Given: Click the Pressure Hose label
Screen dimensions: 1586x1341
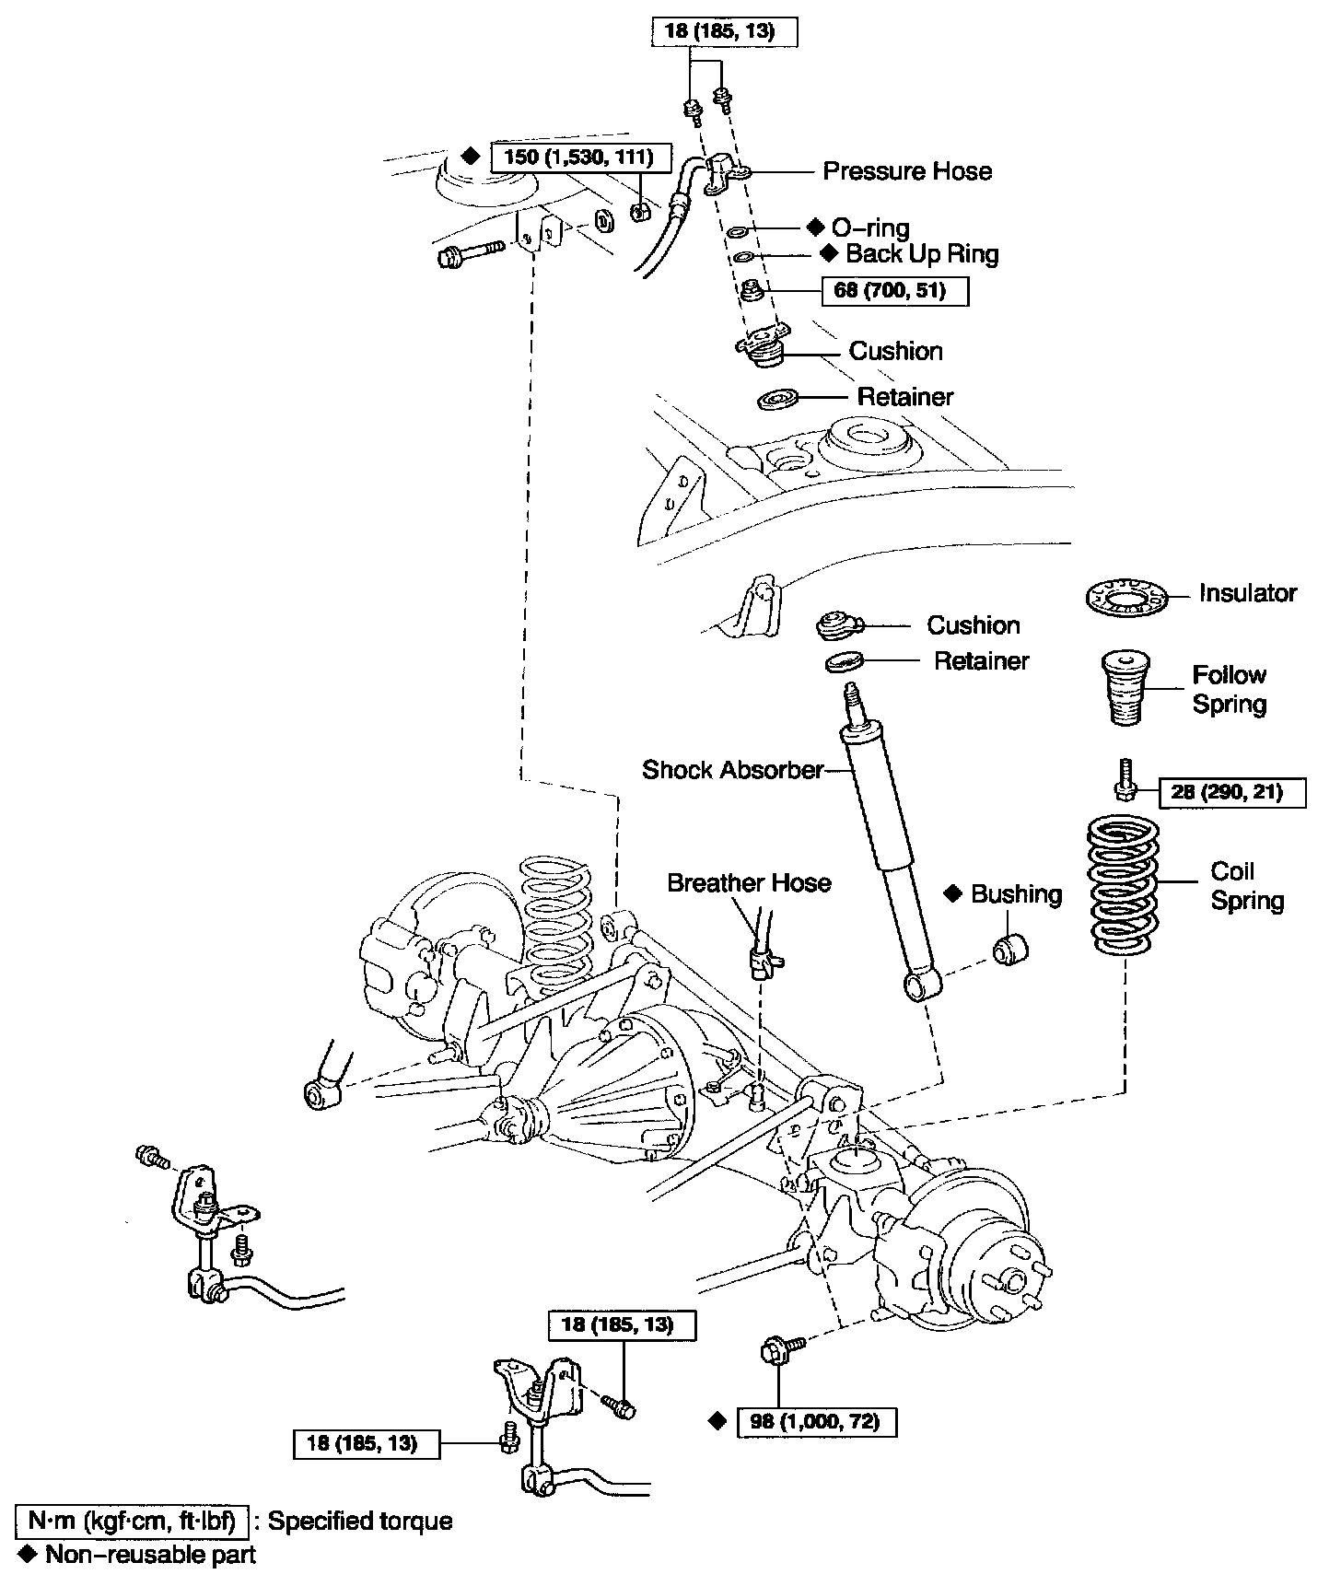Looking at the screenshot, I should [907, 171].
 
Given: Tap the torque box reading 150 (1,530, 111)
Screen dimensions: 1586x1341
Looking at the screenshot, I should [579, 157].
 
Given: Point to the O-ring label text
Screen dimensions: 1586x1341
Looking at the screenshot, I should [870, 227].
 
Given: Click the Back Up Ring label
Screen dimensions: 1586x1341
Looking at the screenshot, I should [922, 253].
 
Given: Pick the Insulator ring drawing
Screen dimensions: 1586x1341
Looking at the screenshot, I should [1125, 600].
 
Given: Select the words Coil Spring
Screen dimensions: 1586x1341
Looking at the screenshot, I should [1247, 886].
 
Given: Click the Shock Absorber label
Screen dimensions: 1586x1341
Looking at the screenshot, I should [732, 769].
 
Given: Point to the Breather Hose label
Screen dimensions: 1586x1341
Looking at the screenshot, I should [749, 882].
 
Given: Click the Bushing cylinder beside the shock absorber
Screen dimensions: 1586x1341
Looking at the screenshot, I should [1011, 950].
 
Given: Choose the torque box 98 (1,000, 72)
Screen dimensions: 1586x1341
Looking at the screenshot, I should [817, 1421].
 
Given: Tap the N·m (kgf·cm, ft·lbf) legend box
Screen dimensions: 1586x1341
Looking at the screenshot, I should [131, 1521].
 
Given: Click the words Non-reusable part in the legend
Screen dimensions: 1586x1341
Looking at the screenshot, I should [151, 1555].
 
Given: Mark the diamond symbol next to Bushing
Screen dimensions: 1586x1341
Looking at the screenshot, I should [953, 892].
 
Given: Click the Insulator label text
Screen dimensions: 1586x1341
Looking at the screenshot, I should [1248, 593].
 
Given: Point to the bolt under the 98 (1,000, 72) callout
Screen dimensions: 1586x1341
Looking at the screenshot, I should [776, 1350].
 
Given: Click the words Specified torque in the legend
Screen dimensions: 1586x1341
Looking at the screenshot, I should [360, 1521].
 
